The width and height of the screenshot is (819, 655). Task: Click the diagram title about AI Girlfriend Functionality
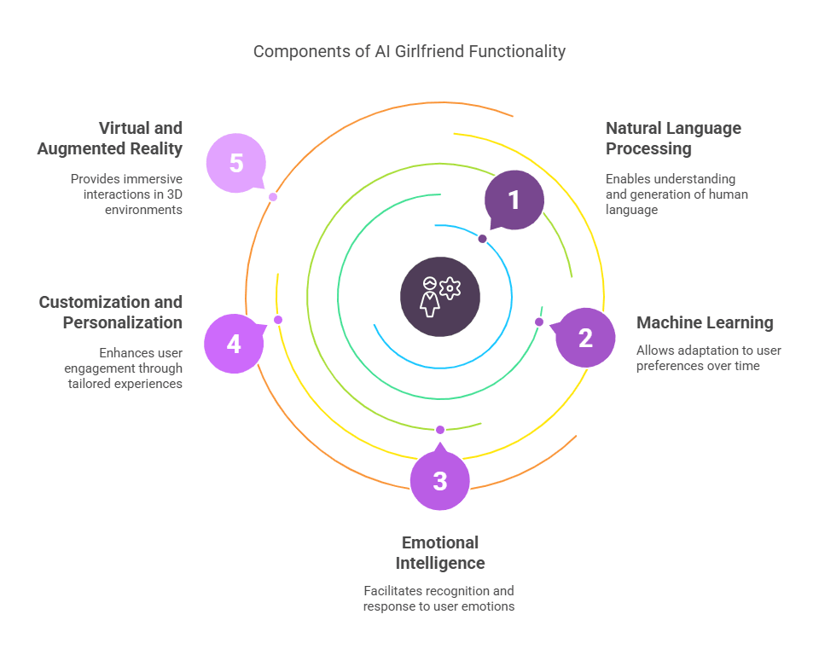(409, 51)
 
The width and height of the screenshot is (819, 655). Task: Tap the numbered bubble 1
(514, 200)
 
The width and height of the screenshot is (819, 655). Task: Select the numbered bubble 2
(585, 338)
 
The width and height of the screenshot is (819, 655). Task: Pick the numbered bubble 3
(440, 481)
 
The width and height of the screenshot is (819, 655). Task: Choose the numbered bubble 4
(234, 344)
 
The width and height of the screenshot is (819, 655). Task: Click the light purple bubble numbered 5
(236, 163)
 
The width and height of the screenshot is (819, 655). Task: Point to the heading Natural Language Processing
(673, 138)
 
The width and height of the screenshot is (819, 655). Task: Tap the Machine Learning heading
(705, 322)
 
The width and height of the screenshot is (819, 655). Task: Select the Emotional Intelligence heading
(440, 553)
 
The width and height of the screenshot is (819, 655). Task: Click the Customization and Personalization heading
(111, 312)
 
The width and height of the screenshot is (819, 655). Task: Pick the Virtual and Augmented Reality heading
(110, 138)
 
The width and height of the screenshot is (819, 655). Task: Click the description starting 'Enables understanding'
(677, 194)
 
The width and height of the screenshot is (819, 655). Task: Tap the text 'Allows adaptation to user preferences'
(709, 358)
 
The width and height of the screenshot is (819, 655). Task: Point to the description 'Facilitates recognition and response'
(439, 599)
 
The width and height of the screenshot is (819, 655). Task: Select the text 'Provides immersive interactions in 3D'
(126, 194)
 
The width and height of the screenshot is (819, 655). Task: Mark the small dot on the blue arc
(482, 239)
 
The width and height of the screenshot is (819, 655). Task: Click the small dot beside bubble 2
(538, 322)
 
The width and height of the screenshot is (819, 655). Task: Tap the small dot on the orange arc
(273, 197)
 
